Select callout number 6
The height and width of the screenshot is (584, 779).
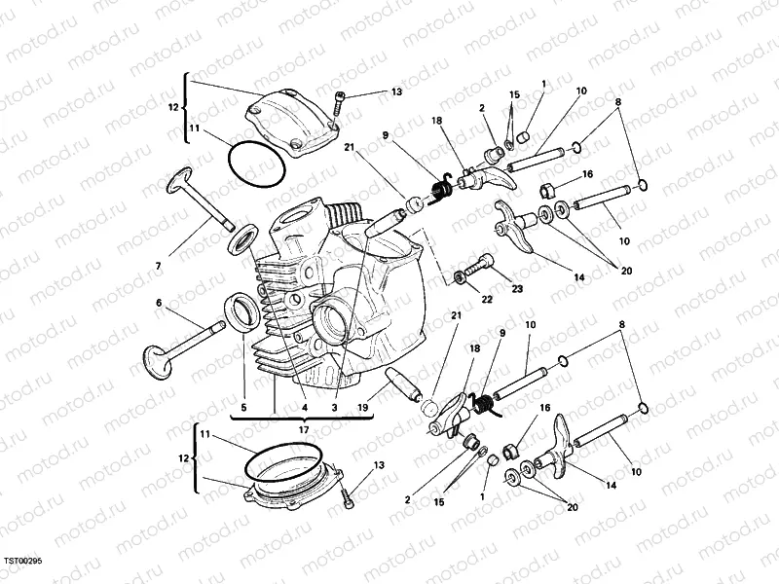(158, 303)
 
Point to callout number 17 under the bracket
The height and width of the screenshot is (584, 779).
(304, 429)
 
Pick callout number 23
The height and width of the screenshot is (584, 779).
(517, 288)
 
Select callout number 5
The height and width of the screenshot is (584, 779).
(243, 408)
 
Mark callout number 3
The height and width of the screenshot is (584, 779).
(334, 408)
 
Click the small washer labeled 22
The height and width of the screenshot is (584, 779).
(459, 279)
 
